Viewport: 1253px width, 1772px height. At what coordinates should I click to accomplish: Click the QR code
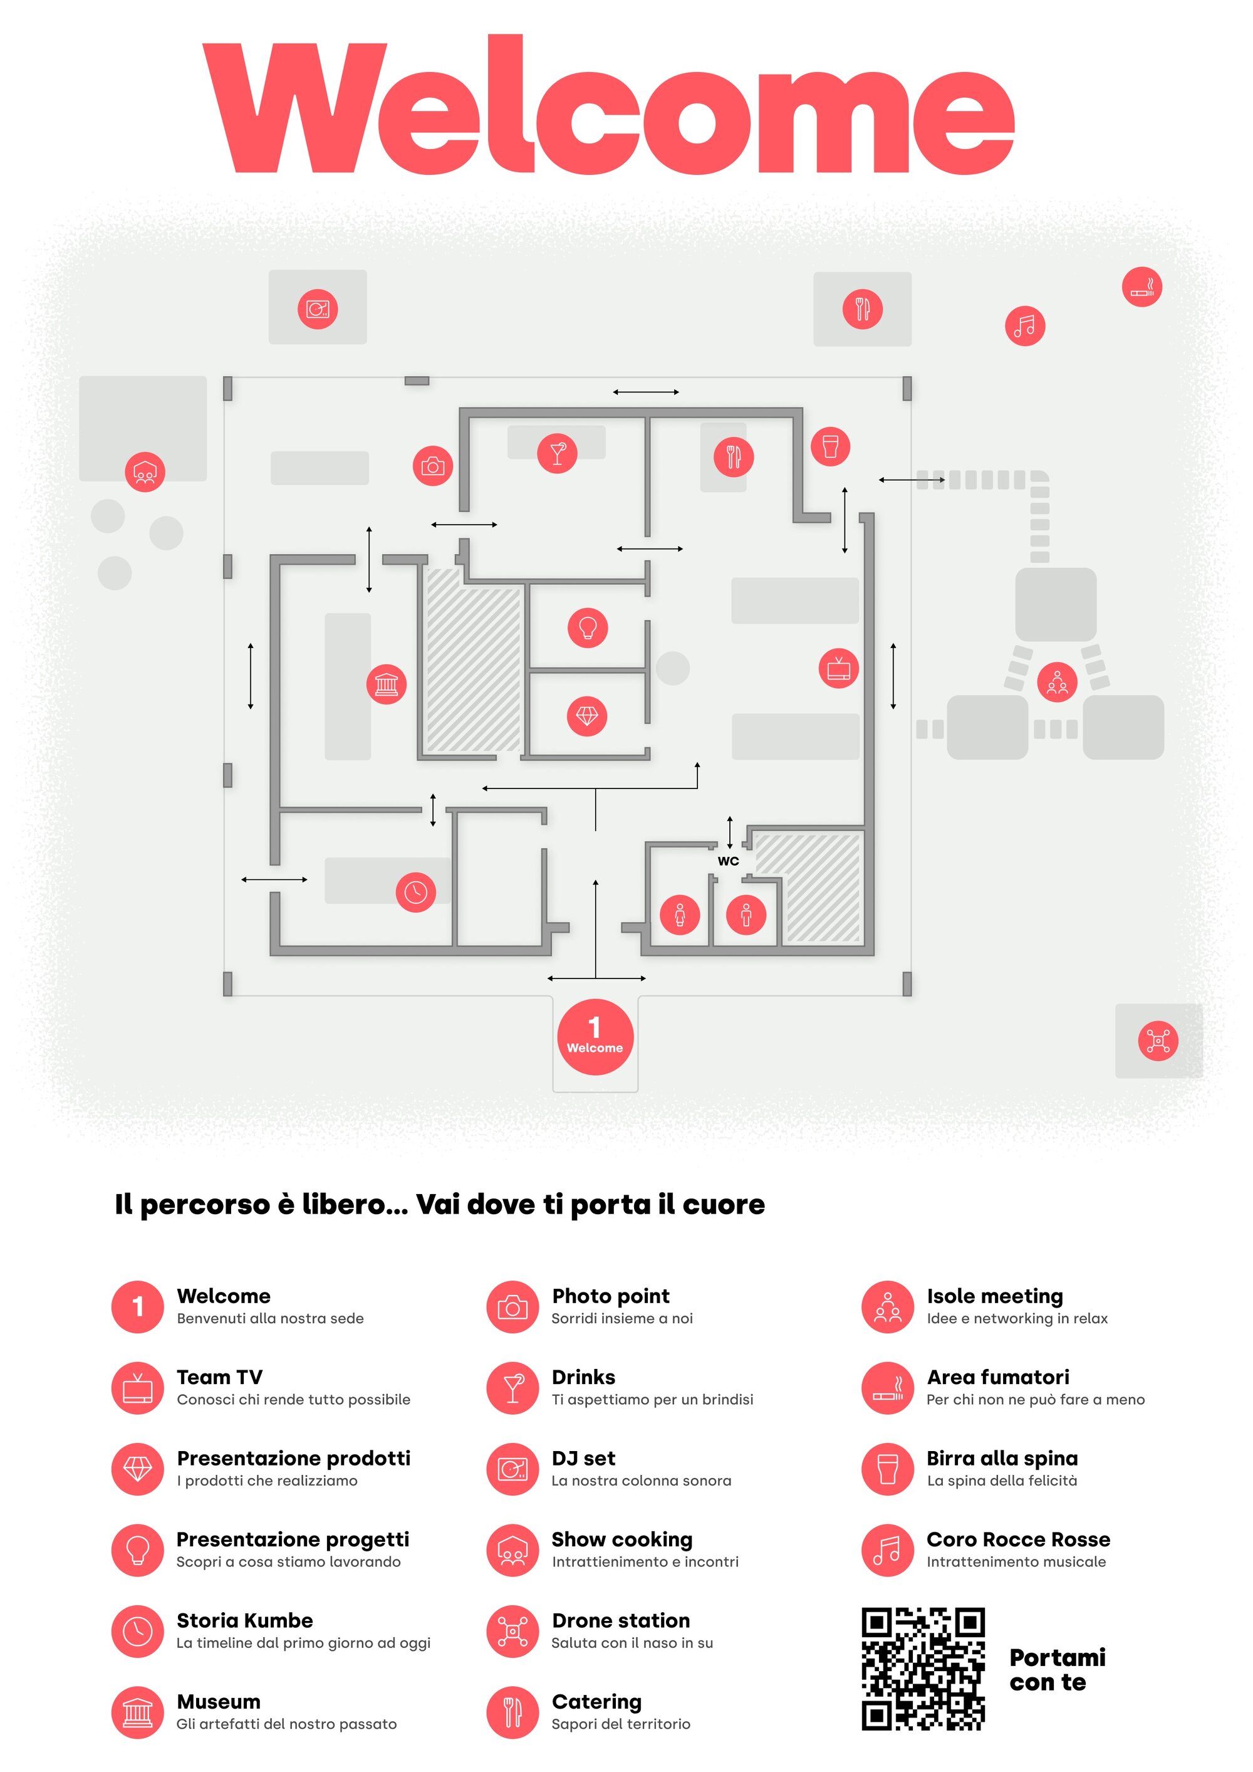[x=923, y=1669]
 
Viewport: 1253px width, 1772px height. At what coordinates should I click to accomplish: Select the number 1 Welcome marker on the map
[x=595, y=1037]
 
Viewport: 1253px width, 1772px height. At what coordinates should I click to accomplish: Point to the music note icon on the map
[x=1024, y=326]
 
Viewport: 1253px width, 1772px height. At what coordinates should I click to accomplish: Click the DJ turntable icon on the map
[x=317, y=310]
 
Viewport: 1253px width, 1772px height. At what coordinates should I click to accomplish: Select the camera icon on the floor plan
[x=433, y=466]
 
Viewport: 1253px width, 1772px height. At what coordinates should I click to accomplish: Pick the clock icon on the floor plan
[x=415, y=892]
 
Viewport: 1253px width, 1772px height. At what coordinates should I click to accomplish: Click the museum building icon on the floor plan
[x=386, y=684]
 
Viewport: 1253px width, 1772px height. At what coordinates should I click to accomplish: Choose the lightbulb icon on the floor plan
[x=587, y=627]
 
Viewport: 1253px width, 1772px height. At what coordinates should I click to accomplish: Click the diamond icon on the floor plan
[x=586, y=716]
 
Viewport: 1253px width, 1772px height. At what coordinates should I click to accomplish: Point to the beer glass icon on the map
[x=830, y=446]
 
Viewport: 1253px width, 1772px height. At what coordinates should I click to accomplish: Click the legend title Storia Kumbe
[x=244, y=1620]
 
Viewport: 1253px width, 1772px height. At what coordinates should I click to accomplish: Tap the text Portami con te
[x=1056, y=1669]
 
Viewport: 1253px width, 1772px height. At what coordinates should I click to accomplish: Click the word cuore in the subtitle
[x=723, y=1204]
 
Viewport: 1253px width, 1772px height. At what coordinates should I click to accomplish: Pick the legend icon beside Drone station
[x=512, y=1631]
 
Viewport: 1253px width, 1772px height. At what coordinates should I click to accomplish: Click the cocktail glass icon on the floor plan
[x=557, y=453]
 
